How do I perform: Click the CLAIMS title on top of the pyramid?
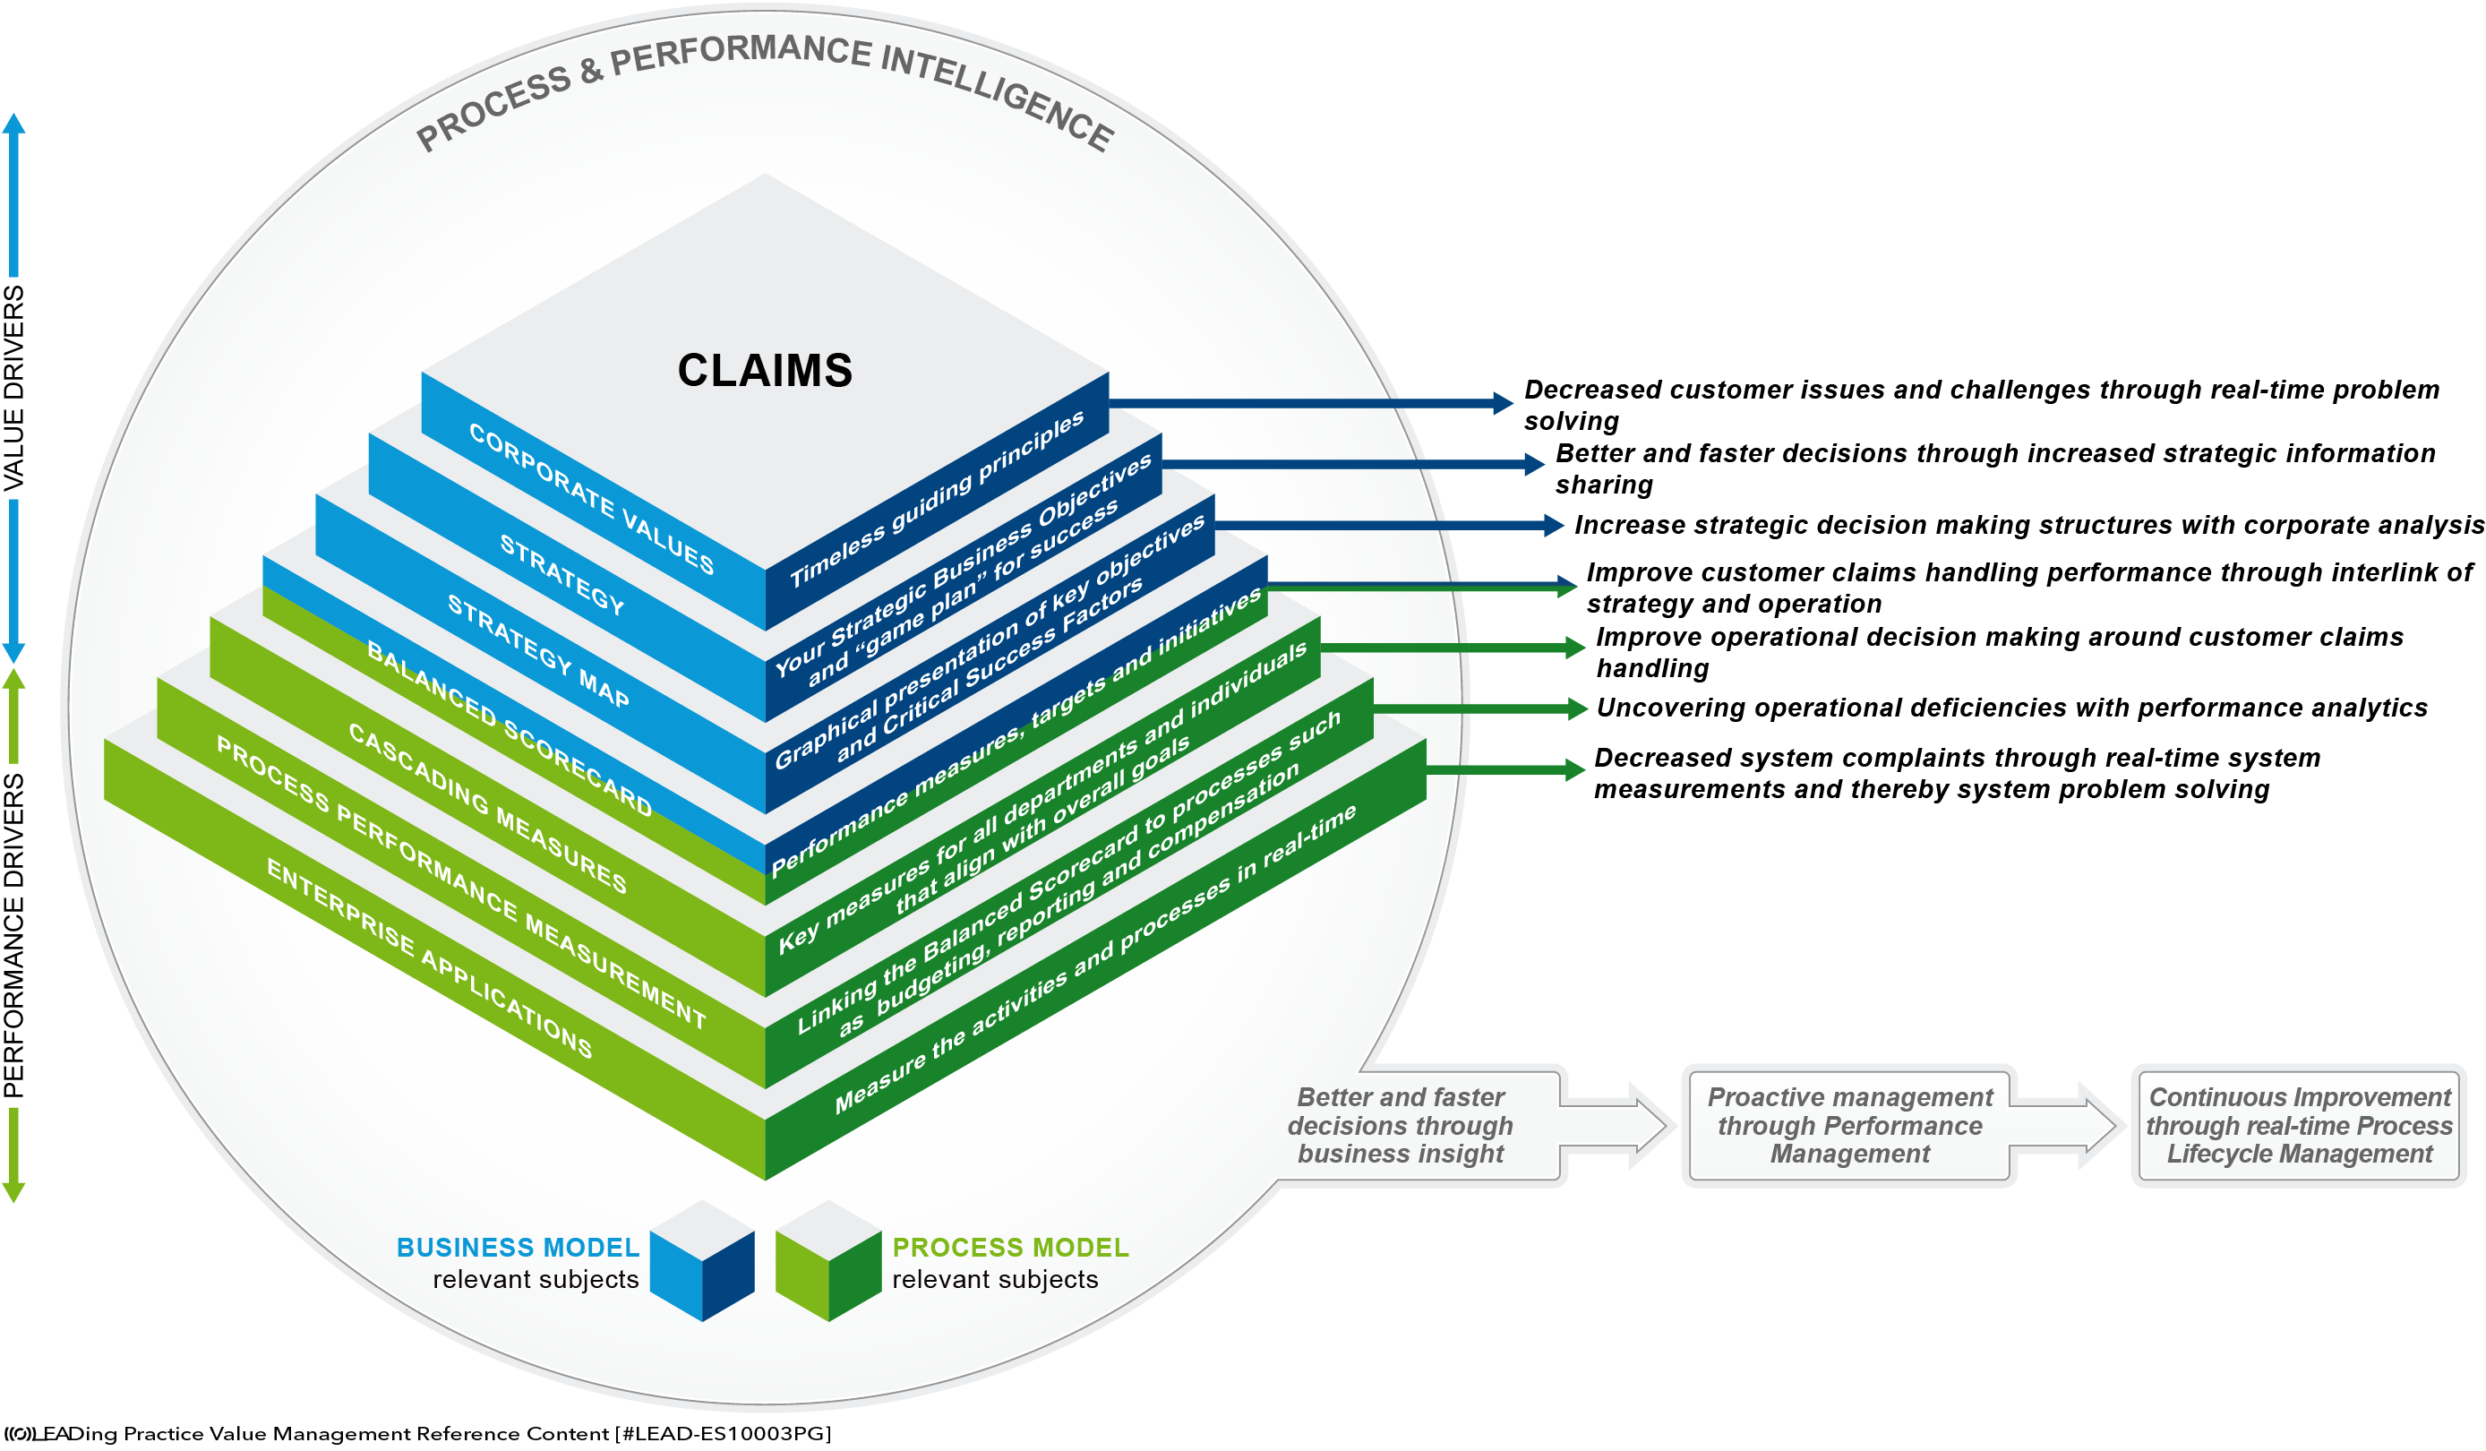tap(765, 371)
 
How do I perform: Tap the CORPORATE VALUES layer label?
tap(591, 499)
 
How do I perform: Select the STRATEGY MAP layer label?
tap(537, 651)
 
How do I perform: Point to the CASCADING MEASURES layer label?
tap(487, 809)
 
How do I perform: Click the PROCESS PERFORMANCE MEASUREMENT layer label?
tap(460, 883)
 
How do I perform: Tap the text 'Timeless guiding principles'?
tap(938, 498)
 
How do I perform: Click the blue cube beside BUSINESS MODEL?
tap(702, 1260)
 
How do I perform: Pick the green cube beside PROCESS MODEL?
tap(827, 1260)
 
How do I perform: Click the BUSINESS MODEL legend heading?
tap(518, 1248)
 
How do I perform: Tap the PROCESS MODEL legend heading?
tap(1010, 1248)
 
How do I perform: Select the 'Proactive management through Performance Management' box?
tap(1849, 1126)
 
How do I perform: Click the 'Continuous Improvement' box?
tap(2299, 1126)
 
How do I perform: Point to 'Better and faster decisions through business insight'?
tap(1400, 1126)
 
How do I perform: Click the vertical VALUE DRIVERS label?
tap(13, 388)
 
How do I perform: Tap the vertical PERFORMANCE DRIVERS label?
tap(13, 935)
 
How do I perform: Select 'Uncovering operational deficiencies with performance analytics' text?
tap(2011, 708)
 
